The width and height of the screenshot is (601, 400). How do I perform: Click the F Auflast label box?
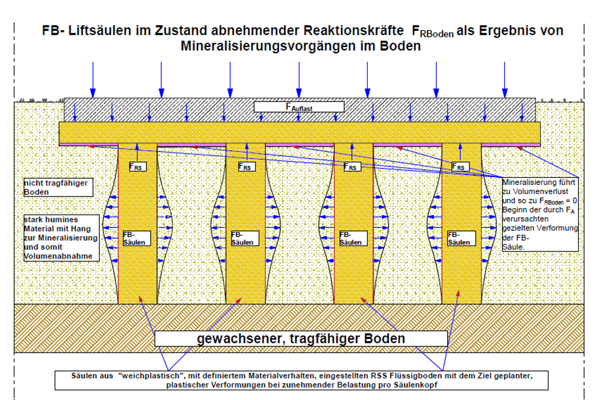pos(299,107)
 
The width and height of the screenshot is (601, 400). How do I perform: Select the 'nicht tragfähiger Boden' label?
pos(58,187)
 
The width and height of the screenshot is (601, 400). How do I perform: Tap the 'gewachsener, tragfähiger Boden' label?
pos(301,338)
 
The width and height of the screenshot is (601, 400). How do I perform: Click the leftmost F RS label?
pos(137,166)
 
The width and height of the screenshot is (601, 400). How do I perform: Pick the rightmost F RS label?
pos(460,166)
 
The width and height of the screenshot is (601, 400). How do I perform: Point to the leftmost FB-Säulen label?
pos(136,238)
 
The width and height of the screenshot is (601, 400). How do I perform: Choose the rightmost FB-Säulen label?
pos(461,238)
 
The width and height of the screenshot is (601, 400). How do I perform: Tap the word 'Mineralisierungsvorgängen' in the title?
pos(278,46)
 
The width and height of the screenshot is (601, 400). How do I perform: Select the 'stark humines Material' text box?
pos(61,238)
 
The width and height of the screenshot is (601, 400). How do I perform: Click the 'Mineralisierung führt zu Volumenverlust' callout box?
pos(540,214)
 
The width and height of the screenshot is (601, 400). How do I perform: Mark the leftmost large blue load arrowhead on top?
pos(93,93)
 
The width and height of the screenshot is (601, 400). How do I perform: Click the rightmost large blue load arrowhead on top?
pos(505,93)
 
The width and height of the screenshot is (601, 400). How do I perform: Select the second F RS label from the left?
pos(247,166)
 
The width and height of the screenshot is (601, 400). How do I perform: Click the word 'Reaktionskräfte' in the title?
pos(353,30)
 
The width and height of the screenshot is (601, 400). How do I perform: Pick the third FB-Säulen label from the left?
pos(353,238)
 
